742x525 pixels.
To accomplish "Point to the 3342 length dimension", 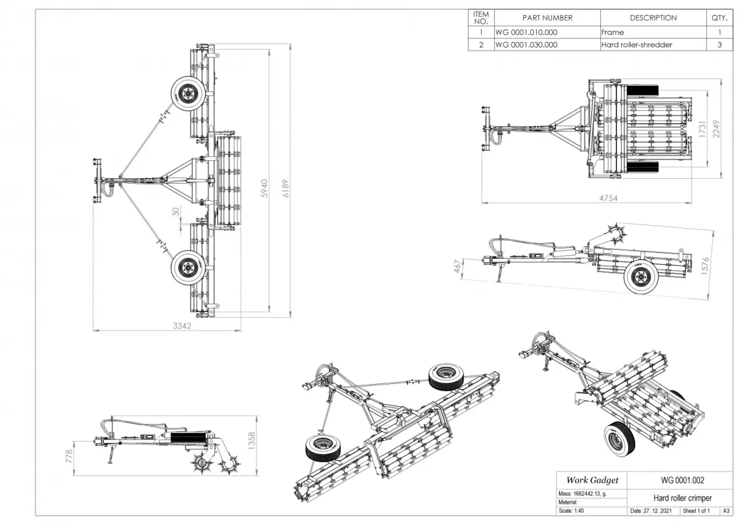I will coord(181,326).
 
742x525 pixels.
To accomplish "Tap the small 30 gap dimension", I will coord(176,211).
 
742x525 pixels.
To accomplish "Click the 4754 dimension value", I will coord(607,198).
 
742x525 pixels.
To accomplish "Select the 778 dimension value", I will coord(69,456).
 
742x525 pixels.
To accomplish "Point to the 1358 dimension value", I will coord(250,443).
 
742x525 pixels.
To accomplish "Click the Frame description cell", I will coord(613,32).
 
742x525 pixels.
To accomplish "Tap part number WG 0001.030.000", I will coord(526,45).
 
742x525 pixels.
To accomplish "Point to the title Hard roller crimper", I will coord(682,498).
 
